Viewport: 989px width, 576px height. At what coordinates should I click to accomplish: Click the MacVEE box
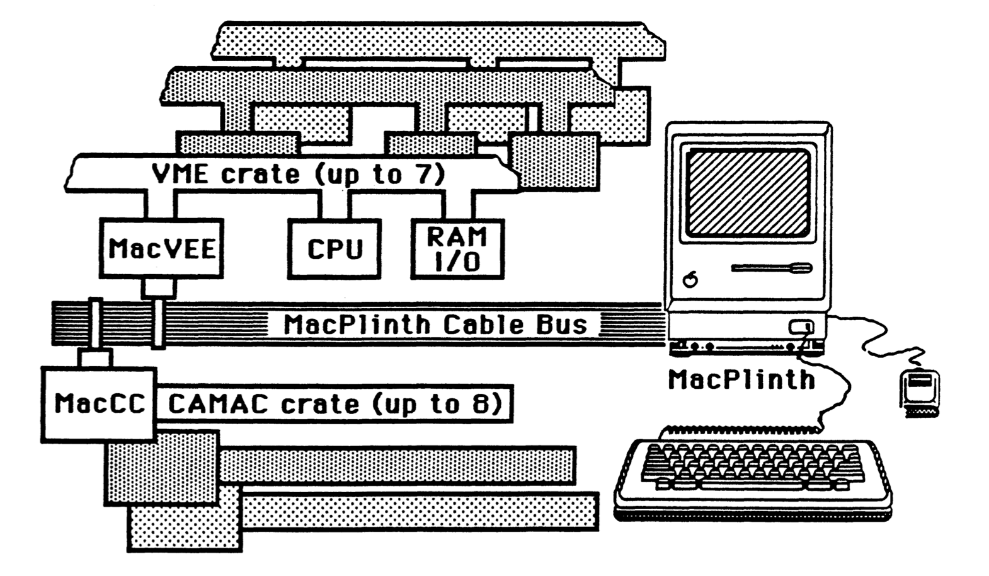coord(161,248)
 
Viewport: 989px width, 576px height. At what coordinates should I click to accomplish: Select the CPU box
coord(334,249)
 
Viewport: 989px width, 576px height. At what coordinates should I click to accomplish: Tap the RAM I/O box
coord(457,249)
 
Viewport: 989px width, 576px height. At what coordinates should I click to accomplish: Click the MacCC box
coord(100,404)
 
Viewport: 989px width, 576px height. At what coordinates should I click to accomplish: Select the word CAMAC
coord(218,404)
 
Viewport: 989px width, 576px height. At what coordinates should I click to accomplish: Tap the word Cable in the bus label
coord(483,325)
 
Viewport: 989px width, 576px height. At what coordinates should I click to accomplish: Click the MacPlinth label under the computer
coord(741,379)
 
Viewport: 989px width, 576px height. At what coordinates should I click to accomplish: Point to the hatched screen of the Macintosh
coord(748,193)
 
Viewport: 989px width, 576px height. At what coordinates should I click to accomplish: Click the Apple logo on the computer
coord(690,279)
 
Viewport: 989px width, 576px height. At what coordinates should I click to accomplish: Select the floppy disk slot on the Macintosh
coord(772,268)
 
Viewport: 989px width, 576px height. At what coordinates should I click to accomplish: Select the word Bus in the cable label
coord(562,325)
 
